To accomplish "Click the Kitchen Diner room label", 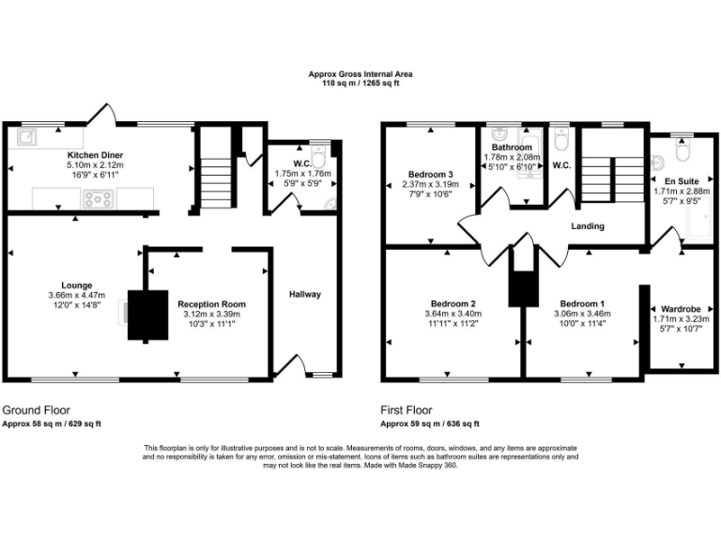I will (95, 154).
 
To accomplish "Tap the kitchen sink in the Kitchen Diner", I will (28, 137).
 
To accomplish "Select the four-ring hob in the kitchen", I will (98, 198).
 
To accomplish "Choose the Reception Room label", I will (211, 304).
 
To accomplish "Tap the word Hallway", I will (305, 294).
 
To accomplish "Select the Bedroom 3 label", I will (431, 174).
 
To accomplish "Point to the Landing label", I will (589, 226).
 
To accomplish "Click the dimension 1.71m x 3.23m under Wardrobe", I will (681, 318).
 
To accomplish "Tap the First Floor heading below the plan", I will (407, 410).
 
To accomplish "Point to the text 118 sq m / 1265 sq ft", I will (360, 84).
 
